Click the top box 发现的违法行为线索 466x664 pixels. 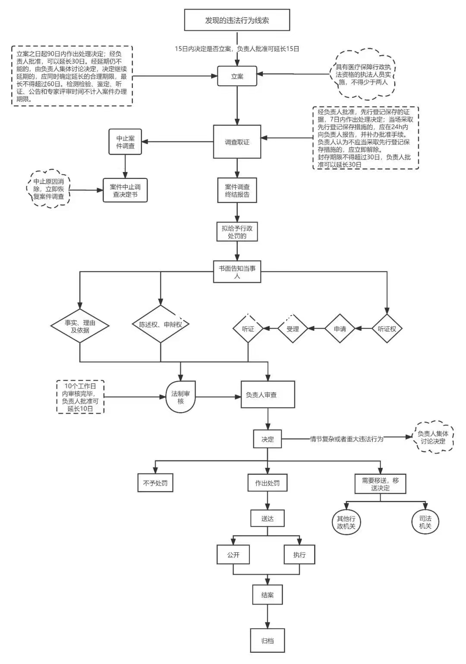pyautogui.click(x=237, y=20)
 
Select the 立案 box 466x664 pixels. pyautogui.click(x=237, y=76)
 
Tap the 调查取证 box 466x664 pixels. pyautogui.click(x=237, y=142)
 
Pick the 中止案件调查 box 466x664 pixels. pyautogui.click(x=125, y=142)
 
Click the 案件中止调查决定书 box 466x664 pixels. pyautogui.click(x=125, y=190)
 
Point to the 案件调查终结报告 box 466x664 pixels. pyautogui.click(x=237, y=190)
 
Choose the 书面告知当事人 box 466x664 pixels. pyautogui.click(x=237, y=272)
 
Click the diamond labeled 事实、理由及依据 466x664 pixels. pyautogui.click(x=80, y=326)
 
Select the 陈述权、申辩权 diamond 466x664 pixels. pyautogui.click(x=161, y=324)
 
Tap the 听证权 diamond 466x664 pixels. pyautogui.click(x=387, y=329)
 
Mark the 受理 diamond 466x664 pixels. pyautogui.click(x=293, y=329)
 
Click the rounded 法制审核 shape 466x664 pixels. pyautogui.click(x=180, y=397)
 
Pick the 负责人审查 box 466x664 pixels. pyautogui.click(x=268, y=395)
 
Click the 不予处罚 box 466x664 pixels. pyautogui.click(x=155, y=483)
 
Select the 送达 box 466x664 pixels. pyautogui.click(x=268, y=518)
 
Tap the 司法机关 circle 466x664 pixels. pyautogui.click(x=425, y=522)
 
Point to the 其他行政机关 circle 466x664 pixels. pyautogui.click(x=346, y=522)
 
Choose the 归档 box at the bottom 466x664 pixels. pyautogui.click(x=268, y=641)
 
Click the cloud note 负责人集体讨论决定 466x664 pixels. pyautogui.click(x=433, y=437)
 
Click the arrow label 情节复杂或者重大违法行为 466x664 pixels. pyautogui.click(x=346, y=439)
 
